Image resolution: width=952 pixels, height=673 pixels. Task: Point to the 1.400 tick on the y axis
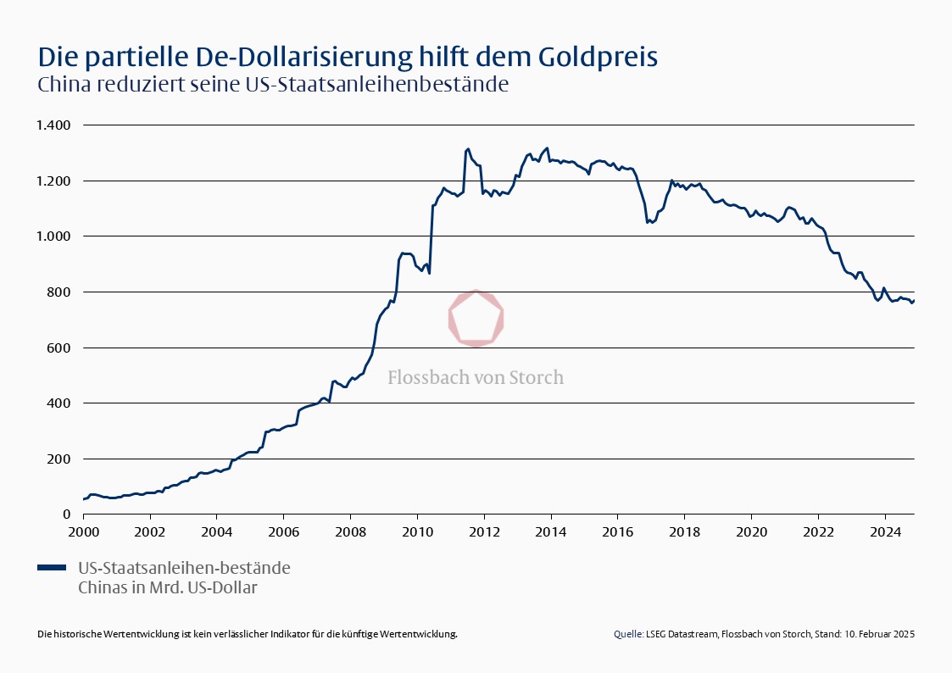click(x=53, y=125)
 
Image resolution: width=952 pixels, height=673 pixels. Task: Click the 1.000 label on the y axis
click(x=53, y=236)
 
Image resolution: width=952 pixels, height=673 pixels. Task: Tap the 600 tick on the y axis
click(x=58, y=348)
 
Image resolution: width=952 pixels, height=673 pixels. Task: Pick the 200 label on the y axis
click(x=58, y=459)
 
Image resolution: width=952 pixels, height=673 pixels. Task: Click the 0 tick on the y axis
click(x=66, y=514)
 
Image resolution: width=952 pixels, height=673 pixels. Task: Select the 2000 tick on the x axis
click(x=83, y=531)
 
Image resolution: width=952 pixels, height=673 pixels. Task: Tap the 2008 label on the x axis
click(x=350, y=531)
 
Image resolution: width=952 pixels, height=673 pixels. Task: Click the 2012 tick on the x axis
click(x=483, y=531)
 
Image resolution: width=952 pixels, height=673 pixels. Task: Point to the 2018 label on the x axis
click(x=684, y=531)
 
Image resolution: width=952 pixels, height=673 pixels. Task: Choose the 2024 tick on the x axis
click(x=884, y=531)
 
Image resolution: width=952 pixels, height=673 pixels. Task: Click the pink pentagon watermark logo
click(x=476, y=318)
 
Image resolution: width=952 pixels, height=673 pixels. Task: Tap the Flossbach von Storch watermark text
click(x=476, y=377)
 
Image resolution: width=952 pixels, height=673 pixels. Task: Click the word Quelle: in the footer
click(x=628, y=634)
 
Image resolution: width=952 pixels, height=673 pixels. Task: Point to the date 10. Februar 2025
click(x=879, y=634)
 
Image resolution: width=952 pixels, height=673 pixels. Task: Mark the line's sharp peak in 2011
click(x=468, y=149)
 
